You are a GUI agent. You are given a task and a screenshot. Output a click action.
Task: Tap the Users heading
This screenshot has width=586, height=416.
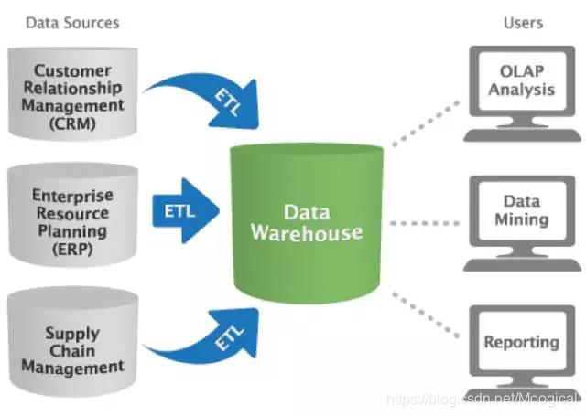tap(523, 22)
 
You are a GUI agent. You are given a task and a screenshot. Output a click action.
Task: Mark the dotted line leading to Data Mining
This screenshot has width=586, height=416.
tap(424, 222)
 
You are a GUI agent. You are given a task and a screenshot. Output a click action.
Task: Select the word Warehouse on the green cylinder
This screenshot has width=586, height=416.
tap(307, 233)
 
